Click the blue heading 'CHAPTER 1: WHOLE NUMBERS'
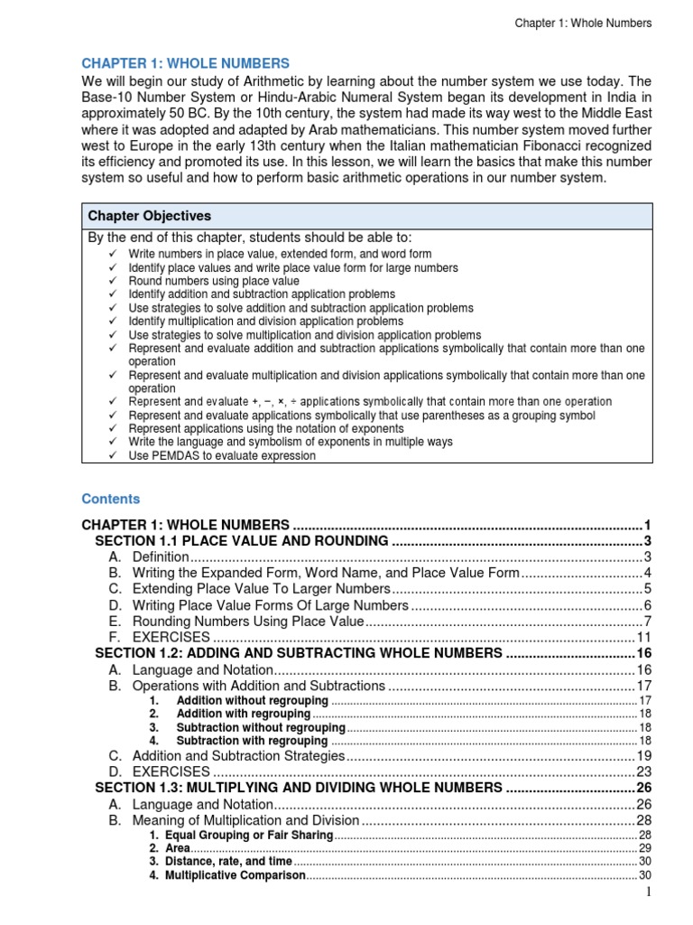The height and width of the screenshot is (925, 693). pos(186,63)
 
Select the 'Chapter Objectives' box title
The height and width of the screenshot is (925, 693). pos(149,216)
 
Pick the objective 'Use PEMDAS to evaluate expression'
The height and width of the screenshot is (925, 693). pos(222,456)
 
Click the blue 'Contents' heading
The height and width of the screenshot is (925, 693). pos(111,499)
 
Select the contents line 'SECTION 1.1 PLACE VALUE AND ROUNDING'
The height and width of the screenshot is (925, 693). pos(242,541)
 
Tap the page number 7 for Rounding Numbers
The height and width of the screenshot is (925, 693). pos(647,622)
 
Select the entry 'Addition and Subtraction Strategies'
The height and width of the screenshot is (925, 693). pos(238,755)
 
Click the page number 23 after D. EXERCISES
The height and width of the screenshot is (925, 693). pos(643,771)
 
